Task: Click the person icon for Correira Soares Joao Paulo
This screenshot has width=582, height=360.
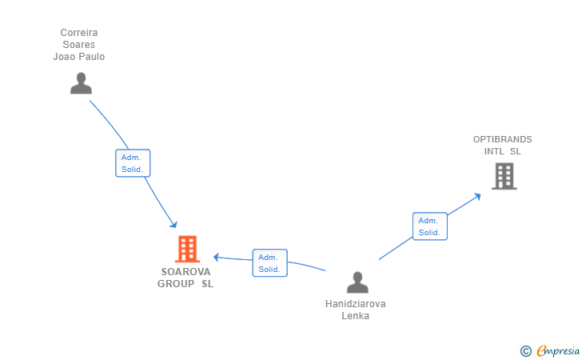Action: click(x=81, y=83)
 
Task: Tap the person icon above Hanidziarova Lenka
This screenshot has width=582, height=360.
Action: click(x=357, y=282)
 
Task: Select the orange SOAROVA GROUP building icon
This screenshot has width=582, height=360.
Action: click(x=187, y=249)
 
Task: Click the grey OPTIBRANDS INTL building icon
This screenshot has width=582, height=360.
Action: click(x=504, y=176)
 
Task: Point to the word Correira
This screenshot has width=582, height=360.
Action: click(x=79, y=33)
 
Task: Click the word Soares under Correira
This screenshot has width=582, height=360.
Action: click(x=79, y=45)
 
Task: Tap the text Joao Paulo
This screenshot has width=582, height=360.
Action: click(x=79, y=57)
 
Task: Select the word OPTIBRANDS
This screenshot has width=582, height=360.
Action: click(x=502, y=139)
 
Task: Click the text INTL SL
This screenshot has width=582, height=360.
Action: click(x=502, y=151)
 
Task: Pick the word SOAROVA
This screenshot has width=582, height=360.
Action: click(x=185, y=271)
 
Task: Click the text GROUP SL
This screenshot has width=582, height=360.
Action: click(x=185, y=283)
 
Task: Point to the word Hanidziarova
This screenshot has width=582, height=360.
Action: click(x=355, y=304)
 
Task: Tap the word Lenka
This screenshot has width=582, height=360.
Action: click(x=355, y=316)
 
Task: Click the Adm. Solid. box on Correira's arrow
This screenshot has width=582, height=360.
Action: click(x=133, y=163)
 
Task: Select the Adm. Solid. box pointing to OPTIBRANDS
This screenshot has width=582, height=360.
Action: click(x=429, y=226)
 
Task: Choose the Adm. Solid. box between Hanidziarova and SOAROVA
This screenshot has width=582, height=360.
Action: click(x=269, y=263)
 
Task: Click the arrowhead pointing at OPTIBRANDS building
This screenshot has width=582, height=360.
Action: click(x=477, y=194)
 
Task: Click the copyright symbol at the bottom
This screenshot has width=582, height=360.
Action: click(x=525, y=350)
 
